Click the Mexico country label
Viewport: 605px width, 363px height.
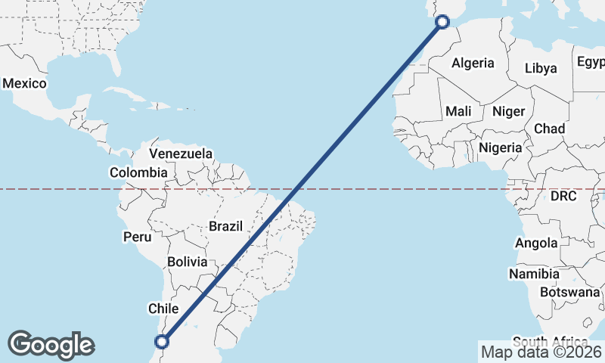point(24,83)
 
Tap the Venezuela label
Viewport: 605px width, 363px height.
point(181,154)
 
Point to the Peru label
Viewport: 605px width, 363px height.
point(138,237)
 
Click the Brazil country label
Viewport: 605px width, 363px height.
point(225,225)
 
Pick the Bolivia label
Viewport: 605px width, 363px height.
point(187,262)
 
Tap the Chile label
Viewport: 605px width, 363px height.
point(163,309)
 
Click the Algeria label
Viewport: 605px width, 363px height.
point(473,64)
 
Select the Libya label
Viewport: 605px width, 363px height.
point(541,68)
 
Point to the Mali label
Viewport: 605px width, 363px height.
point(458,111)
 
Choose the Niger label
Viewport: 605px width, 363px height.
point(508,111)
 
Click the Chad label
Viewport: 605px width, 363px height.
point(549,129)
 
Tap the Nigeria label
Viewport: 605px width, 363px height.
point(501,147)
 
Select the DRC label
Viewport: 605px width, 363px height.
point(563,196)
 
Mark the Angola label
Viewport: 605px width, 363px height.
point(536,243)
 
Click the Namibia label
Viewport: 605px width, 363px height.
point(534,273)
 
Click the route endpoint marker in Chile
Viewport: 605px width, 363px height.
point(161,341)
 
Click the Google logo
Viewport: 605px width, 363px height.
point(51,345)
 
